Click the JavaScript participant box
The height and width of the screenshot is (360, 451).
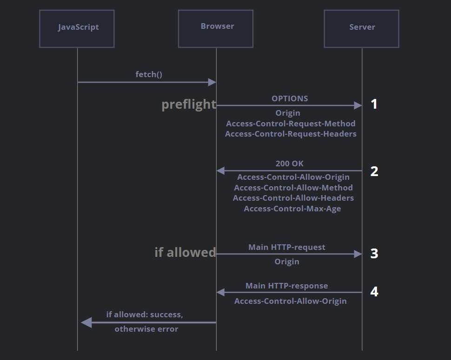pos(77,28)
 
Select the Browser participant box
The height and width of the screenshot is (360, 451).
pos(216,28)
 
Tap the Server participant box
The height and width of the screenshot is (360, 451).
pos(361,28)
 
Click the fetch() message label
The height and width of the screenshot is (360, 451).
pos(149,74)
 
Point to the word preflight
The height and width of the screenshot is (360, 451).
pos(189,105)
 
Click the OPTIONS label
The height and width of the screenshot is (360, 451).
pos(290,98)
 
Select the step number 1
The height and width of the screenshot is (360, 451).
pos(374,105)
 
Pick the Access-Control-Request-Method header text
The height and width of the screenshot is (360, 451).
pos(291,124)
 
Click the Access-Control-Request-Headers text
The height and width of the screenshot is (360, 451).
pos(291,134)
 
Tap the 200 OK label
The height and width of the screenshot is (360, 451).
pos(290,164)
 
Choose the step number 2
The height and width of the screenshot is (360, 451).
pos(374,171)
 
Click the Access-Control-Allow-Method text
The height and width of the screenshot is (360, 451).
pos(293,188)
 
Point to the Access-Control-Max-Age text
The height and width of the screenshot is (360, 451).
pos(292,209)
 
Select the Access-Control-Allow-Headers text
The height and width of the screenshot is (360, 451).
pos(293,198)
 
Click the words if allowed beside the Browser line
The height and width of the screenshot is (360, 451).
pos(185,252)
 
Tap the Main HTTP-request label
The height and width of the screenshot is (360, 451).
pos(287,247)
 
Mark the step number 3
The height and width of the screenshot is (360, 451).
pos(374,254)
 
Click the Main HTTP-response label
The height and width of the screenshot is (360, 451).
pos(287,286)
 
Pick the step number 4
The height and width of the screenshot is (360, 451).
pos(374,292)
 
